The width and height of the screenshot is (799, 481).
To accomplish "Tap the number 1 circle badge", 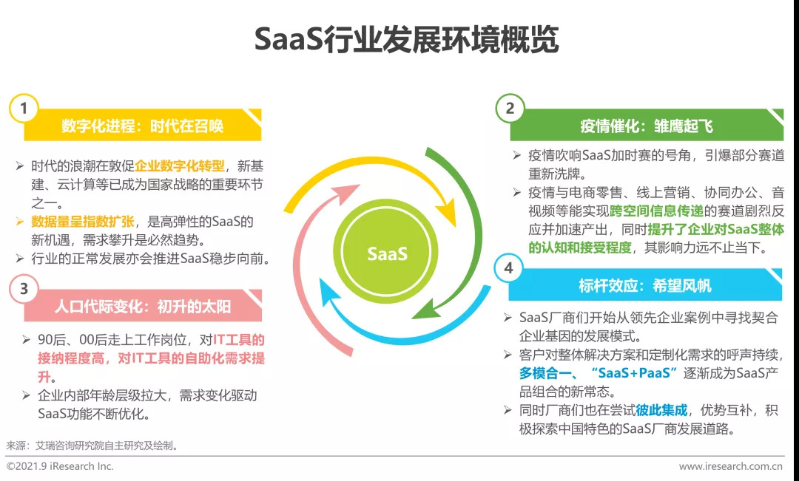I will point(24,109).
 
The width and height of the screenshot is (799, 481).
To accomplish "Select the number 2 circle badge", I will point(509,109).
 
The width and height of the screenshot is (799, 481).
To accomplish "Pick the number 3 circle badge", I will point(24,289).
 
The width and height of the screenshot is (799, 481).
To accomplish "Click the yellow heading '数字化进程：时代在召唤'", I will point(142,126).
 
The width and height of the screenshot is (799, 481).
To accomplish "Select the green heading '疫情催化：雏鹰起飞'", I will point(646,126).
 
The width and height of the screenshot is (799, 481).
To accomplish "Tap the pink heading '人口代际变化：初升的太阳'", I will point(143,306).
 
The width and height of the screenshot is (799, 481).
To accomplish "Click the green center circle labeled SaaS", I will point(387,253).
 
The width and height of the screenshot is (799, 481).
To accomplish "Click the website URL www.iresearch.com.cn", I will point(731,466).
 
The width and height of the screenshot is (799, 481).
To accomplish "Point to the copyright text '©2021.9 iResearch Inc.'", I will point(60,466).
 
